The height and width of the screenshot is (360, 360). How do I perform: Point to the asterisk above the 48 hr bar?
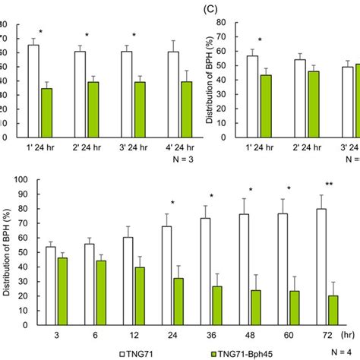pyautogui.click(x=251, y=190)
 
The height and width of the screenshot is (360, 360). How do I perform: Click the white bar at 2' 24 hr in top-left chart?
pyautogui.click(x=80, y=94)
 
